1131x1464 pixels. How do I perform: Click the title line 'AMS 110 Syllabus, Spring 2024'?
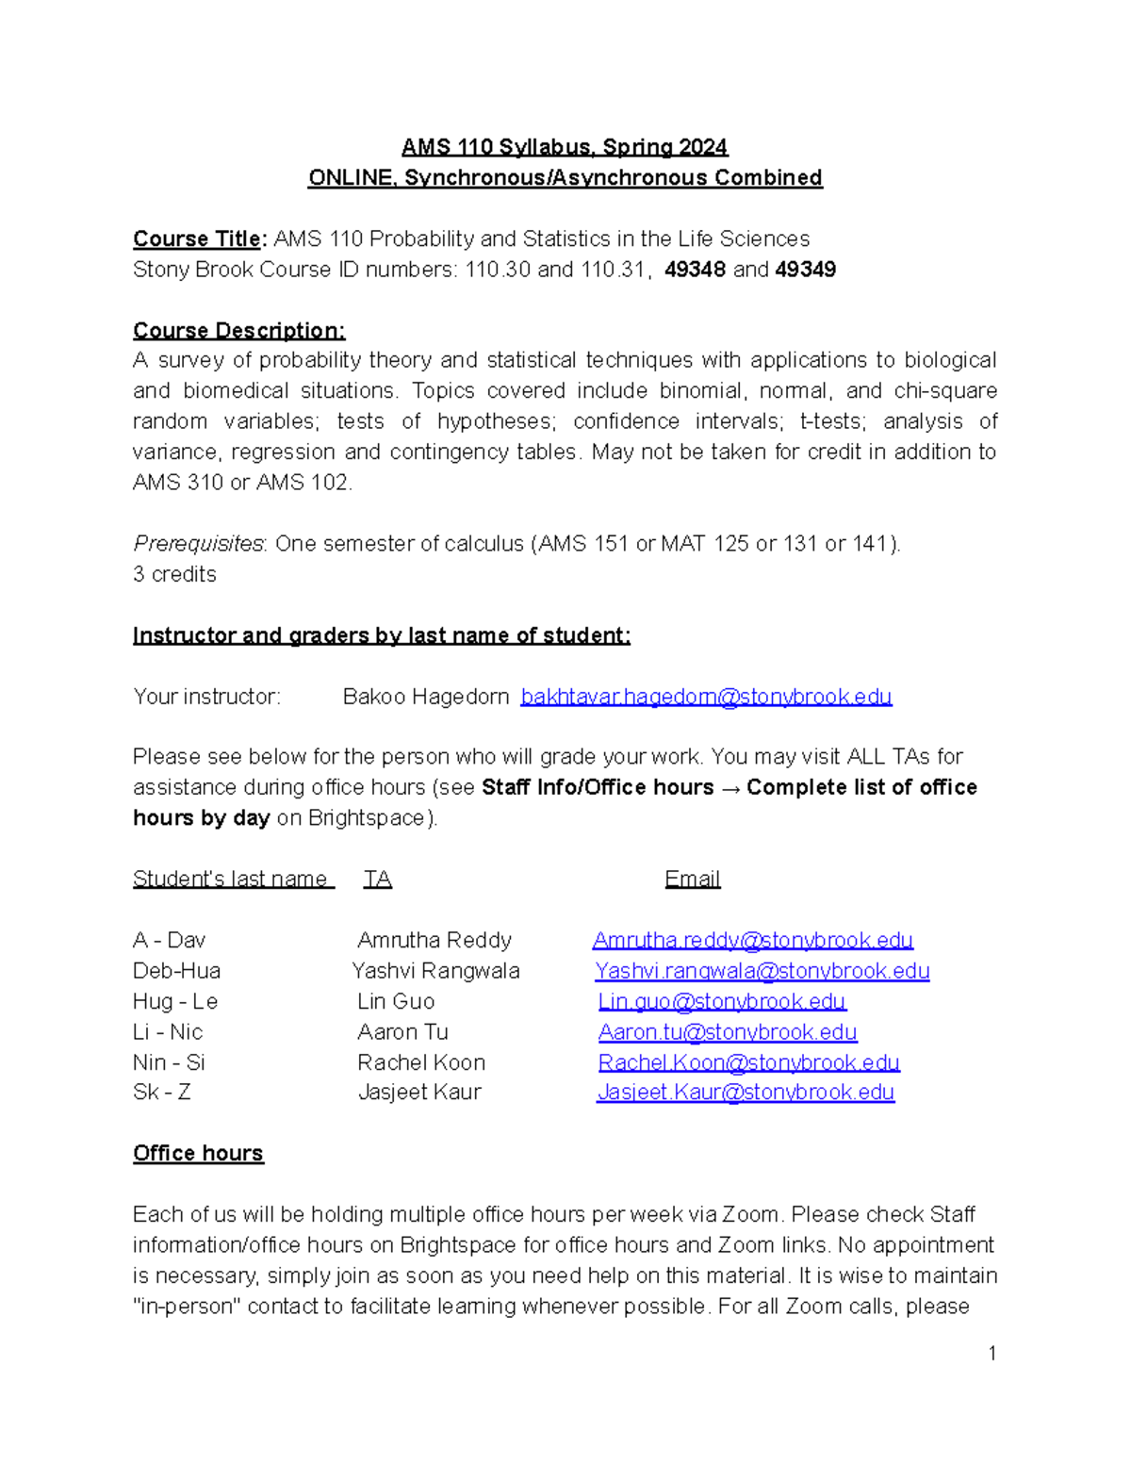pyautogui.click(x=565, y=147)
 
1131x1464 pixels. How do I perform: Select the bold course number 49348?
pyautogui.click(x=695, y=270)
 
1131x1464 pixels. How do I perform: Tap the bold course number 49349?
pyautogui.click(x=805, y=270)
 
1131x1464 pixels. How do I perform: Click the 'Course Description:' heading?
pyautogui.click(x=239, y=331)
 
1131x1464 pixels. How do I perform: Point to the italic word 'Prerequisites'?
pyautogui.click(x=199, y=544)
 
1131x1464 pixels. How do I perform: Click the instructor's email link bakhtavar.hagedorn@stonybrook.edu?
pyautogui.click(x=706, y=697)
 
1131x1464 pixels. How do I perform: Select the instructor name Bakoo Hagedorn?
pyautogui.click(x=426, y=697)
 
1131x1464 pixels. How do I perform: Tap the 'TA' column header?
pyautogui.click(x=378, y=880)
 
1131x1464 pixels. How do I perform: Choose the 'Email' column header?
pyautogui.click(x=693, y=880)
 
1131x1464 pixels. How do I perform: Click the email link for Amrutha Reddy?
pyautogui.click(x=753, y=941)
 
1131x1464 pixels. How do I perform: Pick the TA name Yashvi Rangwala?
pyautogui.click(x=435, y=971)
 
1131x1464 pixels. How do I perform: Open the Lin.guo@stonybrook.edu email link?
pyautogui.click(x=722, y=1001)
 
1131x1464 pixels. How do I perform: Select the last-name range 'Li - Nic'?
pyautogui.click(x=168, y=1032)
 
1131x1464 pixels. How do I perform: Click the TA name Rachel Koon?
pyautogui.click(x=421, y=1062)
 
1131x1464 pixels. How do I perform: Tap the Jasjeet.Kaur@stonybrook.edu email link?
pyautogui.click(x=746, y=1093)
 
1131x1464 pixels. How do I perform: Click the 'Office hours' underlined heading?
pyautogui.click(x=198, y=1154)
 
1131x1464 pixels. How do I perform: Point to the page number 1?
pyautogui.click(x=992, y=1354)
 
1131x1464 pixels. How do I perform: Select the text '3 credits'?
pyautogui.click(x=174, y=574)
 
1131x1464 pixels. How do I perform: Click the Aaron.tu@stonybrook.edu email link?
pyautogui.click(x=728, y=1032)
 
